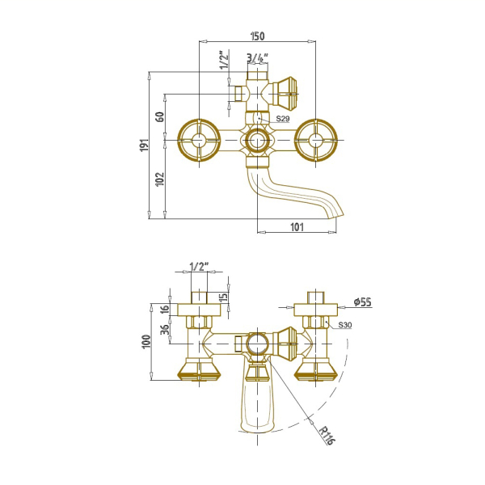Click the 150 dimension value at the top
(257, 36)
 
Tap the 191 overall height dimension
(145, 145)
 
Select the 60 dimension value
(160, 116)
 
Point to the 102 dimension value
(159, 179)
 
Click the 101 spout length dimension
(297, 227)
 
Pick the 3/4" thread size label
(257, 57)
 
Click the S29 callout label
(283, 119)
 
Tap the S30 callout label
(345, 325)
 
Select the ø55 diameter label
(362, 302)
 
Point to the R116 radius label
(327, 436)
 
